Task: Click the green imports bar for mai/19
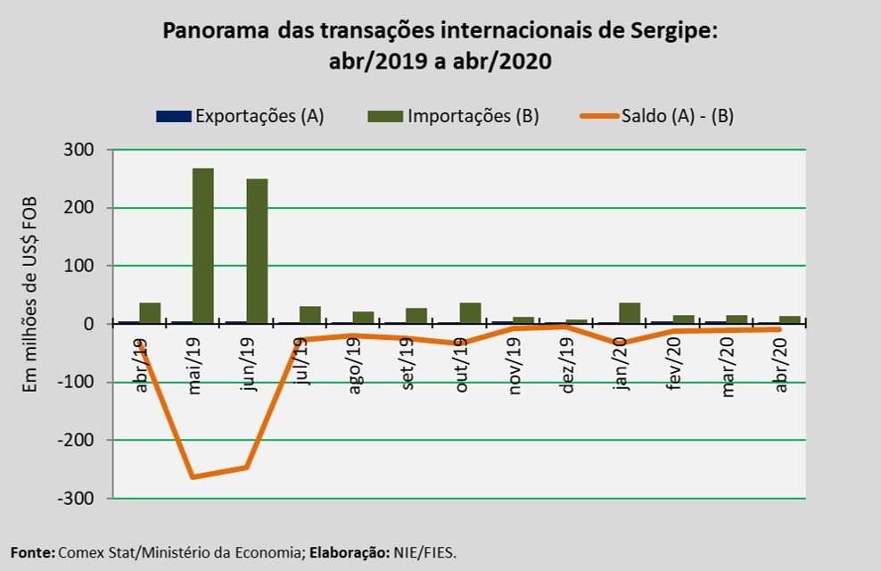click(x=203, y=245)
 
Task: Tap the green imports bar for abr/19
click(x=150, y=313)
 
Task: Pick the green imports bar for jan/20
click(x=630, y=313)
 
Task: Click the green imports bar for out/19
click(x=470, y=313)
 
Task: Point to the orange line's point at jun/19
click(x=246, y=468)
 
